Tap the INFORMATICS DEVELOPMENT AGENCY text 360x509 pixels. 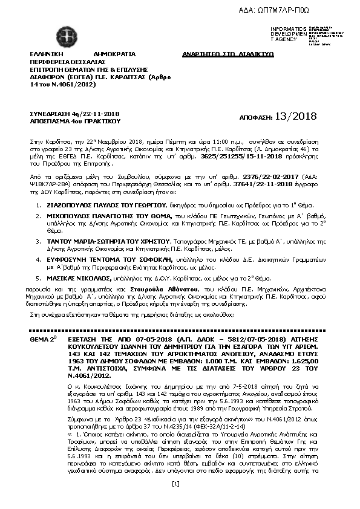pyautogui.click(x=288, y=34)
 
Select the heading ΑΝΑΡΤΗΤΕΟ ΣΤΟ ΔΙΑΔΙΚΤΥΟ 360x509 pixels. pyautogui.click(x=228, y=54)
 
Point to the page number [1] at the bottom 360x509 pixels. pyautogui.click(x=176, y=499)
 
